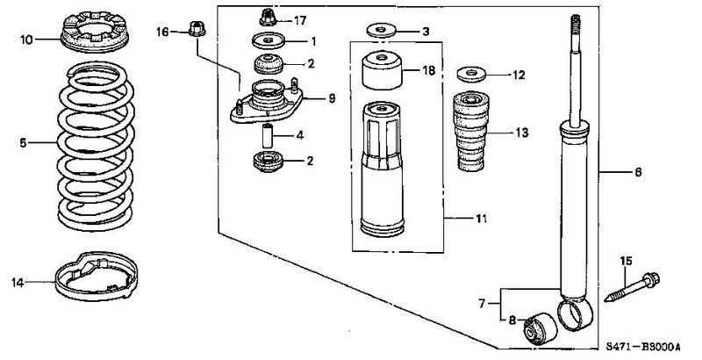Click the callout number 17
(299, 20)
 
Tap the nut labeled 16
(197, 28)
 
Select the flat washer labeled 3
(382, 31)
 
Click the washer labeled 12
(471, 74)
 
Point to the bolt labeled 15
(632, 286)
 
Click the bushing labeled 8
(540, 328)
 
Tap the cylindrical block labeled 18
(382, 70)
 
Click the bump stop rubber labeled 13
(471, 132)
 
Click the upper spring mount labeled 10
(94, 32)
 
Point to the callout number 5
(23, 143)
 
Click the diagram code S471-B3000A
(643, 347)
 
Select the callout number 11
(480, 219)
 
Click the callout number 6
(638, 171)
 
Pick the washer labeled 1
(269, 41)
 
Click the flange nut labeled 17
(268, 18)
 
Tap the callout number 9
(332, 98)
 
